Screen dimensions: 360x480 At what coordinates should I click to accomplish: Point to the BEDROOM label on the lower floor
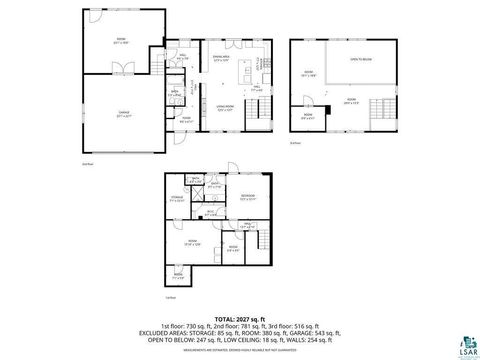point(248,195)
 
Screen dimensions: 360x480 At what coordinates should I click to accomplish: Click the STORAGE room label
point(177,200)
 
